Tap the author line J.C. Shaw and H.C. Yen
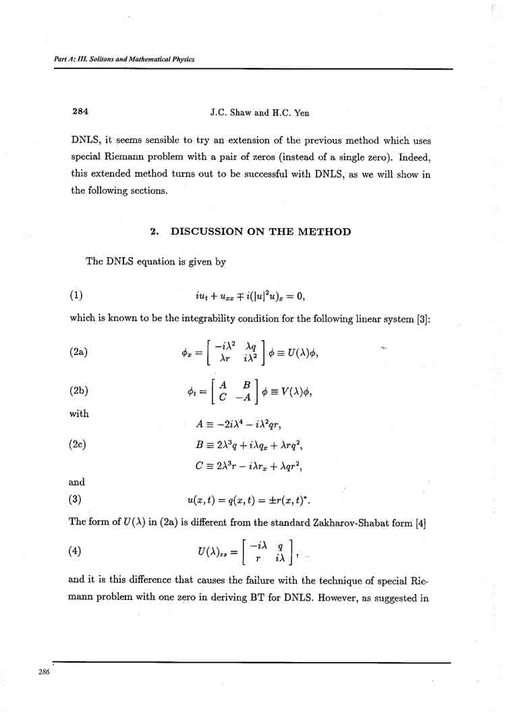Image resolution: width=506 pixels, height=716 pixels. tap(259, 113)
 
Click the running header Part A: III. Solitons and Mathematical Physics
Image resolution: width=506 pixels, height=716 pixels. tap(124, 59)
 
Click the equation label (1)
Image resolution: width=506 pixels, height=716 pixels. tap(76, 295)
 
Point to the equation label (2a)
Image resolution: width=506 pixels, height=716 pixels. tap(79, 352)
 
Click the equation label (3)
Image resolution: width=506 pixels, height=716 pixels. tap(76, 500)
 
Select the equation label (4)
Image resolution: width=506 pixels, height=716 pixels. tap(76, 551)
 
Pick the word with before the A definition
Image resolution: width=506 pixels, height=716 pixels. tap(79, 414)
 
